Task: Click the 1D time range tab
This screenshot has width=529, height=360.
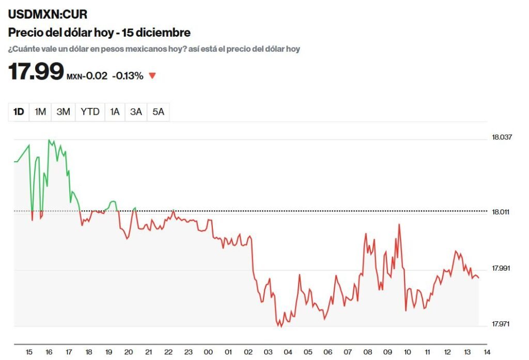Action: [19, 112]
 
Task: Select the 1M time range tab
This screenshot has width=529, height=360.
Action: [40, 112]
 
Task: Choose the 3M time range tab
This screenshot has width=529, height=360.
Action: [63, 112]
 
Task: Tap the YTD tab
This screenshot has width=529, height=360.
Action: [90, 112]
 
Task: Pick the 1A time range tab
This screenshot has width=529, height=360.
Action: [115, 112]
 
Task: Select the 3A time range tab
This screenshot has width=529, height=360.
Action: [136, 112]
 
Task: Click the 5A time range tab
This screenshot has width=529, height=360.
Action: [158, 112]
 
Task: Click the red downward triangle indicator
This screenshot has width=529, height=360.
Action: [152, 76]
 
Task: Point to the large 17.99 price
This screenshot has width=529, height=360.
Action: [36, 71]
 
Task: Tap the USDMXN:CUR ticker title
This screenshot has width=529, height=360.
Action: [48, 14]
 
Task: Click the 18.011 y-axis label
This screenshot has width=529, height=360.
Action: [501, 212]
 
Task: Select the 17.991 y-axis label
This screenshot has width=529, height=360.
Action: [501, 268]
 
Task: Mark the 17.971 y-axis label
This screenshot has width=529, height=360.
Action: [501, 324]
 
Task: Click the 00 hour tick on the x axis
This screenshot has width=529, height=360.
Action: [208, 352]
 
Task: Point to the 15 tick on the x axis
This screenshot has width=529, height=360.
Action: [29, 352]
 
